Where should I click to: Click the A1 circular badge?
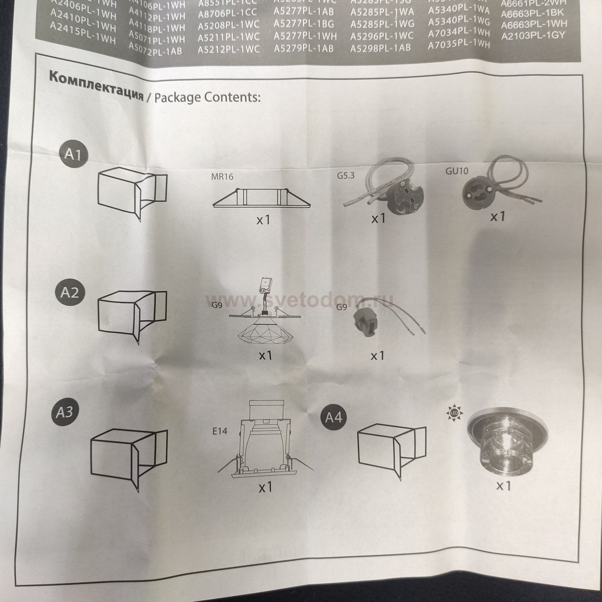click(73, 154)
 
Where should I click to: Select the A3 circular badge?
click(65, 412)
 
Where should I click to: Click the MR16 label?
click(222, 176)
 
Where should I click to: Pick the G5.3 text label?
click(345, 175)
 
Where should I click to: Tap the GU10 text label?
click(456, 171)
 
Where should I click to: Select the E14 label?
click(220, 431)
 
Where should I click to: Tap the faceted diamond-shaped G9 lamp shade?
click(262, 333)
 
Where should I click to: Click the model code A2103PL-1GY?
click(533, 36)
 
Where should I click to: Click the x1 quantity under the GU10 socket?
click(497, 216)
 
